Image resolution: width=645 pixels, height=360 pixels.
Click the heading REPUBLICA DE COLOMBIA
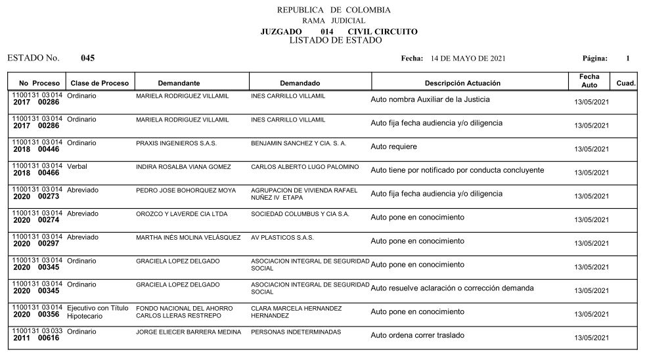tap(334, 10)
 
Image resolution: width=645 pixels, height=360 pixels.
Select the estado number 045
tap(87, 58)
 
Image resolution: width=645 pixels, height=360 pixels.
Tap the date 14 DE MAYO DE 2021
tap(468, 58)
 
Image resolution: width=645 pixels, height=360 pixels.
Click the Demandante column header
tap(179, 83)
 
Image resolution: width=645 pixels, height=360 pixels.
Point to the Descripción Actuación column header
tap(462, 83)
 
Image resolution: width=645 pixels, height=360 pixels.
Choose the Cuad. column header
tap(625, 83)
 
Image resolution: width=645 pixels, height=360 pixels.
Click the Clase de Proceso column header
tap(100, 83)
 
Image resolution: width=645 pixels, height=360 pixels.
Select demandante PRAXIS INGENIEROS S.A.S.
tap(176, 143)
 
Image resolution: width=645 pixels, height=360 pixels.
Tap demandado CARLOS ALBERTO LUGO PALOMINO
tap(305, 167)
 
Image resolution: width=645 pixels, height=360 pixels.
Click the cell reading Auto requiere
tap(393, 146)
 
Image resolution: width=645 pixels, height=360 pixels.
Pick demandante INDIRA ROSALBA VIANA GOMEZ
tap(183, 167)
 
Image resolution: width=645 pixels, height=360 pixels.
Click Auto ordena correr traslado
tap(417, 335)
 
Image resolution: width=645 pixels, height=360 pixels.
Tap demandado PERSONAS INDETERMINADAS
tap(296, 332)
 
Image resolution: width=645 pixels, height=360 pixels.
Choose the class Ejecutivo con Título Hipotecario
tap(97, 311)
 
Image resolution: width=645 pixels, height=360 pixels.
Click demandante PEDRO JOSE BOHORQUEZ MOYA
tap(185, 191)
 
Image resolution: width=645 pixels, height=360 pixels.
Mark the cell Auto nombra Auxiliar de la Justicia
tap(430, 100)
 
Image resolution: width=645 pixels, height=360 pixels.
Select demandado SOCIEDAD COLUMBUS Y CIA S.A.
tap(300, 214)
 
